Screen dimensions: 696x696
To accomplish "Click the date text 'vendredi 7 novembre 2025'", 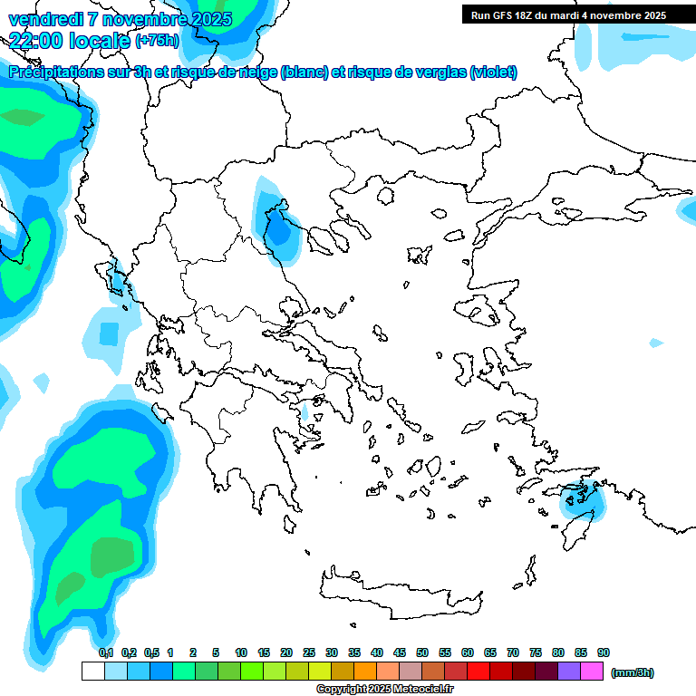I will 120,19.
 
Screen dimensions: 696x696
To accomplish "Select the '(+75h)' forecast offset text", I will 157,40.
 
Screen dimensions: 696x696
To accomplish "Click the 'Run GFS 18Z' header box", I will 566,14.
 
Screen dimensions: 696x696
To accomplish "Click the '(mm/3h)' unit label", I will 632,672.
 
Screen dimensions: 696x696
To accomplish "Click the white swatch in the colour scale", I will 92,672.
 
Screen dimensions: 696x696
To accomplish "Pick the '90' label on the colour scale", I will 604,652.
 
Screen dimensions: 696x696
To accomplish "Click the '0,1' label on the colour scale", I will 106,652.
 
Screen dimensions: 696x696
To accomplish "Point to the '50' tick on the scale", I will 422,652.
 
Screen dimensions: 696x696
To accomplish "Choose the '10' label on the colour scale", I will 241,652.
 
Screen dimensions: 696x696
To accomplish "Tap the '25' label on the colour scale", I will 309,652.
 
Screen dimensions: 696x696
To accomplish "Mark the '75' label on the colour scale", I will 536,652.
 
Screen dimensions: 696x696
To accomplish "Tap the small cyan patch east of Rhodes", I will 655,343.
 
